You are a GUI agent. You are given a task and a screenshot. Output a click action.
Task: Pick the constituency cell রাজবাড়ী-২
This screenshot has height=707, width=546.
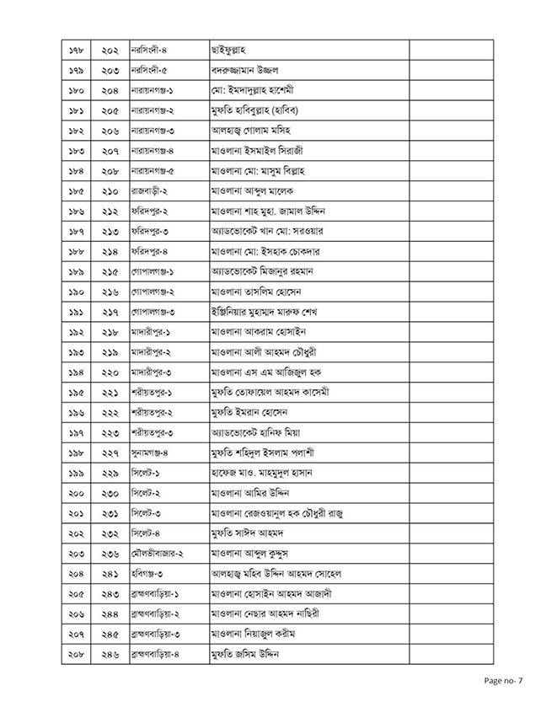[151, 191]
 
